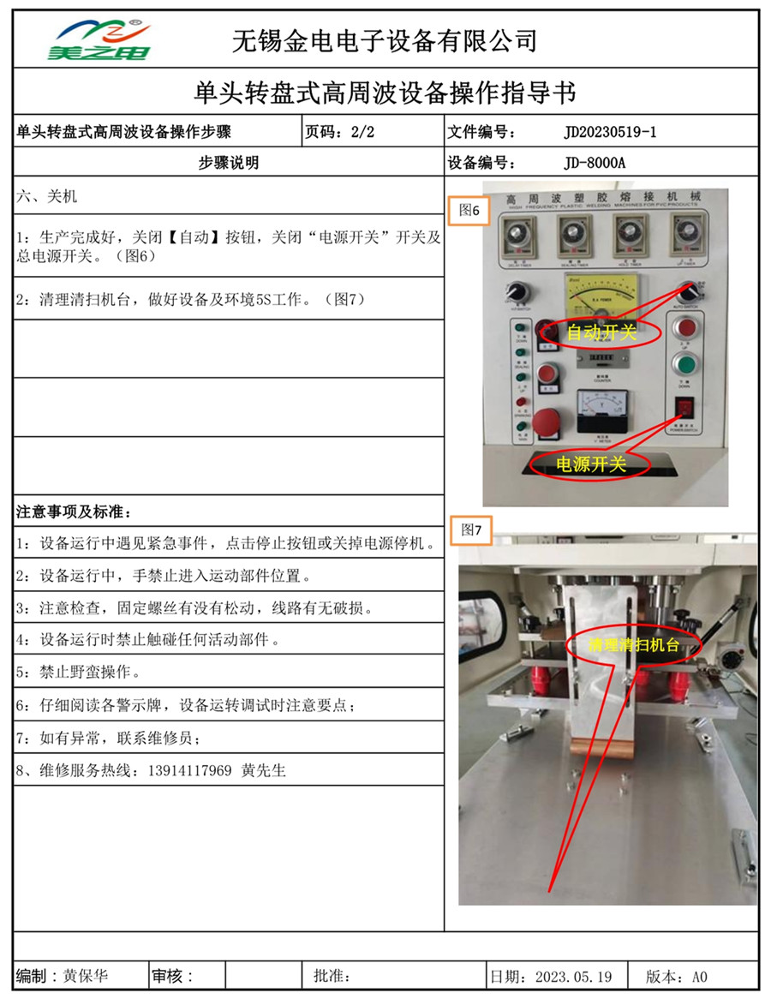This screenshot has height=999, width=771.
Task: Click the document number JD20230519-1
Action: [611, 132]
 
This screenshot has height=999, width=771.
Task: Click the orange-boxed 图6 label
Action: [469, 209]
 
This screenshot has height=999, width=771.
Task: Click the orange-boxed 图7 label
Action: [471, 530]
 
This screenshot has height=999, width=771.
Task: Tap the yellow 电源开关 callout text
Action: [591, 464]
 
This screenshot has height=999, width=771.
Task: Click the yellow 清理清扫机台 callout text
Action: [633, 645]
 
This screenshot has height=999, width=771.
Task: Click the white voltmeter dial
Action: [601, 409]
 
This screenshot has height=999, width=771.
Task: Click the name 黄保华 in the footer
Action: [86, 976]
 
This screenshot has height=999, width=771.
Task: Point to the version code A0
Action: [699, 976]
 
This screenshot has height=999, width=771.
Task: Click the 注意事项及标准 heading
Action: [74, 512]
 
